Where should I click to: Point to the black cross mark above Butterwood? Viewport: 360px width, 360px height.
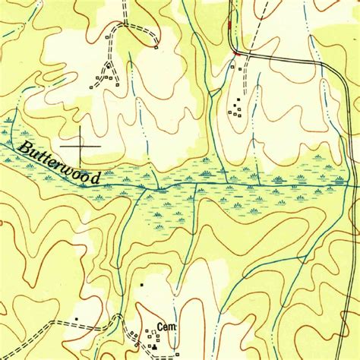(80, 144)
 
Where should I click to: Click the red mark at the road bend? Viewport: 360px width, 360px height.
(238, 53)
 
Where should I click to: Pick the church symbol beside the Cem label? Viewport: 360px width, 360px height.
(155, 346)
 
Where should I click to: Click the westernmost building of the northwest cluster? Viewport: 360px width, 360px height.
(90, 87)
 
